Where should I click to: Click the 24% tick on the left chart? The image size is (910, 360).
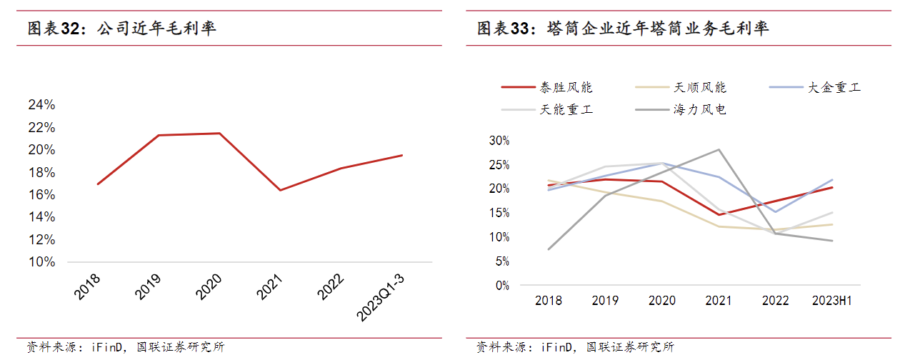pyautogui.click(x=41, y=105)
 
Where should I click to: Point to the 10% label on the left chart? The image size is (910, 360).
pyautogui.click(x=41, y=262)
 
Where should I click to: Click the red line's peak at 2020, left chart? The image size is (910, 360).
pyautogui.click(x=219, y=133)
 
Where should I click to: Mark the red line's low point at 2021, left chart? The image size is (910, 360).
pyautogui.click(x=280, y=190)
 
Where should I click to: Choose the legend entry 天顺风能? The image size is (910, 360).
pyautogui.click(x=700, y=88)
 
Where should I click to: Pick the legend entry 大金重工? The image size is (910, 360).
pyautogui.click(x=834, y=88)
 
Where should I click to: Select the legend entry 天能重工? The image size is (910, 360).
pyautogui.click(x=566, y=110)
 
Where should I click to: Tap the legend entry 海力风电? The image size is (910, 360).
pyautogui.click(x=700, y=110)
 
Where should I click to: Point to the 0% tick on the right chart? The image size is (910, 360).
pyautogui.click(x=502, y=286)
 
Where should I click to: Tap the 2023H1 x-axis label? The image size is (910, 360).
pyautogui.click(x=832, y=301)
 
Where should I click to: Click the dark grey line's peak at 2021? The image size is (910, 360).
pyautogui.click(x=719, y=149)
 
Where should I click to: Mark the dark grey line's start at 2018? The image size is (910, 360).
pyautogui.click(x=549, y=249)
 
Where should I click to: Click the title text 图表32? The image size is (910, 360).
pyautogui.click(x=52, y=29)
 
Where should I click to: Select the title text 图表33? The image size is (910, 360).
pyautogui.click(x=503, y=29)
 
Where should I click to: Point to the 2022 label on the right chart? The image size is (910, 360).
pyautogui.click(x=775, y=301)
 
